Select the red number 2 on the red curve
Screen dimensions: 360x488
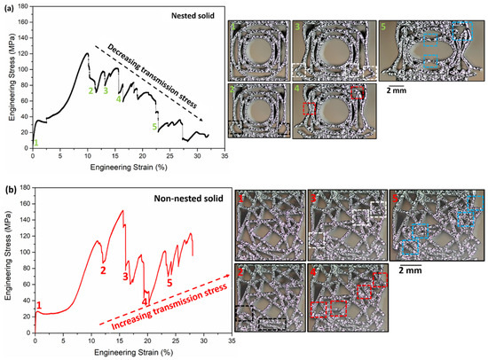click(103, 270)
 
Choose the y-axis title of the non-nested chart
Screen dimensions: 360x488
click(8, 262)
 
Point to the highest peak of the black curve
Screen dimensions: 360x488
click(87, 53)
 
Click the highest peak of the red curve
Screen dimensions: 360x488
click(122, 210)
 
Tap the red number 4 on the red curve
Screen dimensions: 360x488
click(144, 301)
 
